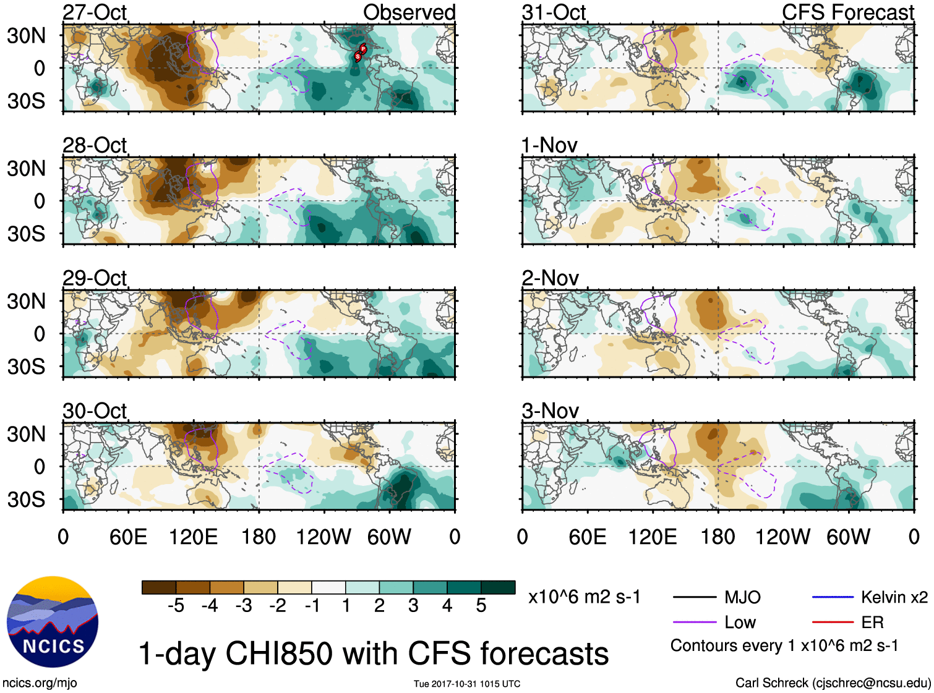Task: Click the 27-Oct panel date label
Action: pos(95,12)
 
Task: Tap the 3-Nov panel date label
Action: pos(550,410)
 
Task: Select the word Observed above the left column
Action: pos(409,12)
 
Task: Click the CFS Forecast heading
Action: pos(847,12)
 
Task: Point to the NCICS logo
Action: pos(53,622)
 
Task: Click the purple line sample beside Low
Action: pos(695,623)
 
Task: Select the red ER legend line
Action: pos(833,623)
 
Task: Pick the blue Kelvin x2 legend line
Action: pos(833,597)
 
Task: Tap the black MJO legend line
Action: pos(695,597)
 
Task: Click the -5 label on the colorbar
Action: pos(176,606)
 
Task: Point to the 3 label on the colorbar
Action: pos(413,606)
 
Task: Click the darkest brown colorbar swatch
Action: pos(159,587)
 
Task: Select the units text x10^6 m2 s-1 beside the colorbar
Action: pos(584,597)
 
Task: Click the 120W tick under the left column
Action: pos(323,537)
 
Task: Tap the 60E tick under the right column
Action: pos(587,537)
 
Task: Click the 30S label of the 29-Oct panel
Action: pos(26,367)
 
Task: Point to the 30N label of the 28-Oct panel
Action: pos(26,168)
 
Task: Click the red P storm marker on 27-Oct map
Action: pos(363,49)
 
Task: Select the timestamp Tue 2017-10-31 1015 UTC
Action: pos(467,684)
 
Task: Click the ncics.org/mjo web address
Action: pos(40,683)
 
